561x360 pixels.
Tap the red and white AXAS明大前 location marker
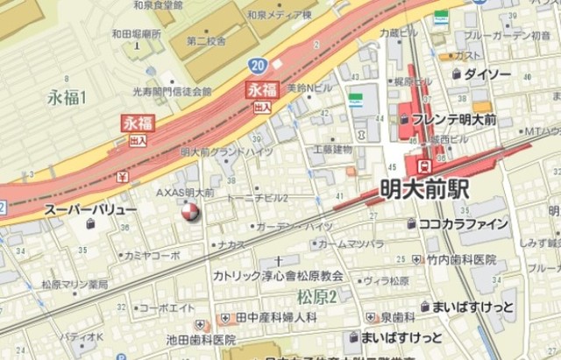(189, 211)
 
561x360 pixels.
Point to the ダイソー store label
(486, 74)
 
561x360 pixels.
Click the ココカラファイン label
(464, 224)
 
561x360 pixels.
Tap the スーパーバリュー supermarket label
(90, 211)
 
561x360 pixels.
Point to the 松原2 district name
(317, 293)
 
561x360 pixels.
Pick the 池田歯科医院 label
(201, 339)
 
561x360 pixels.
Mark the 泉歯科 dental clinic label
(397, 315)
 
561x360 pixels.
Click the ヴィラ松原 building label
(387, 281)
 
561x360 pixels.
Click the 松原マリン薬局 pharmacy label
(75, 285)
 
